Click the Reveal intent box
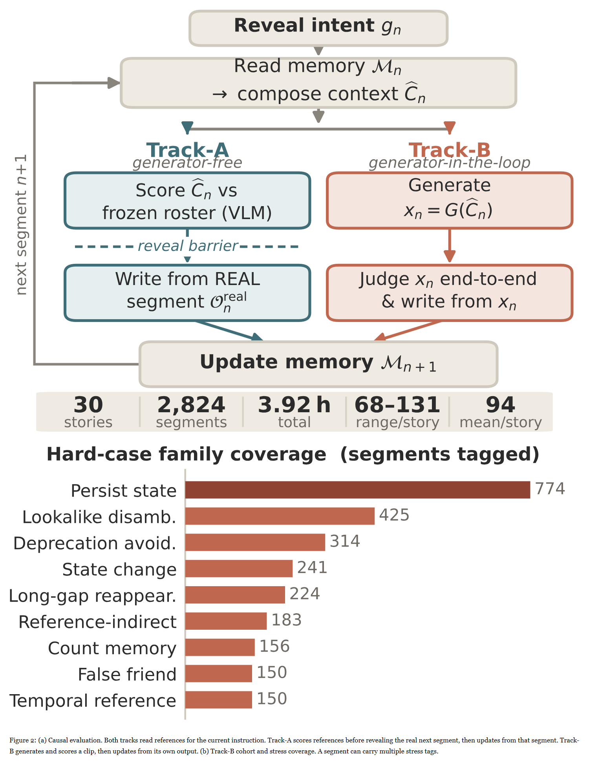point(318,28)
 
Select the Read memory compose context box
point(318,83)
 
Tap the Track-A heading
point(187,150)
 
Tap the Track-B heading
point(450,150)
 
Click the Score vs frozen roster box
point(187,201)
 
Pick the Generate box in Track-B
point(450,201)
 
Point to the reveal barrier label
point(188,246)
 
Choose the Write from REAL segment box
point(187,293)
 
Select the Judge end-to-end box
point(450,293)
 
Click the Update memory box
point(318,364)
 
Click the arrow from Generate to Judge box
point(450,245)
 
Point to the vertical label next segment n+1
point(21,225)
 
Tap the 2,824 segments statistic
point(191,412)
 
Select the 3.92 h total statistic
point(294,412)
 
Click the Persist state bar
point(358,490)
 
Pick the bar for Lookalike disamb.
point(280,516)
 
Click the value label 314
point(345,541)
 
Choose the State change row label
point(119,569)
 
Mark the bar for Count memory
point(220,647)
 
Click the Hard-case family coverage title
point(293,454)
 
